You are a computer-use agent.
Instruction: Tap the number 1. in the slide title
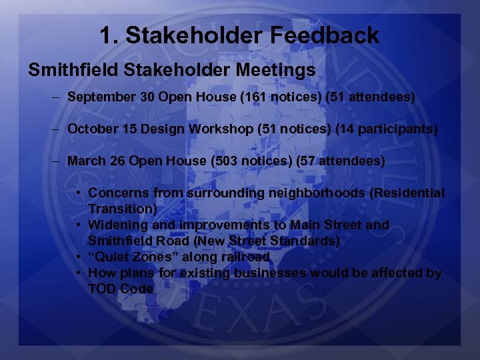[109, 35]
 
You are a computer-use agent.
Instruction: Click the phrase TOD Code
[121, 289]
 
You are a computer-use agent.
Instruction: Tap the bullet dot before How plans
[79, 273]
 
